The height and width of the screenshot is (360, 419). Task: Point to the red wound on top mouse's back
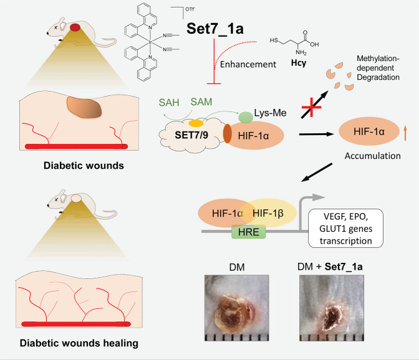coord(75,27)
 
